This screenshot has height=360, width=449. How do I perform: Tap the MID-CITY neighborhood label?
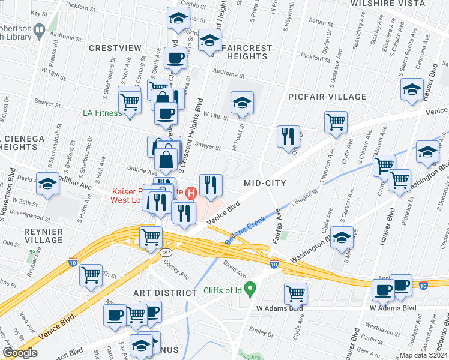[264, 182]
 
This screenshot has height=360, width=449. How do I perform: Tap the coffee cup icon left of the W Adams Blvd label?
[382, 290]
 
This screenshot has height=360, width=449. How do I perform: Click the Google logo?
[20, 353]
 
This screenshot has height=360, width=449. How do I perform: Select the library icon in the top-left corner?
[40, 30]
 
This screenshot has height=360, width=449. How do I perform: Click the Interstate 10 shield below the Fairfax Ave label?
[274, 264]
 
